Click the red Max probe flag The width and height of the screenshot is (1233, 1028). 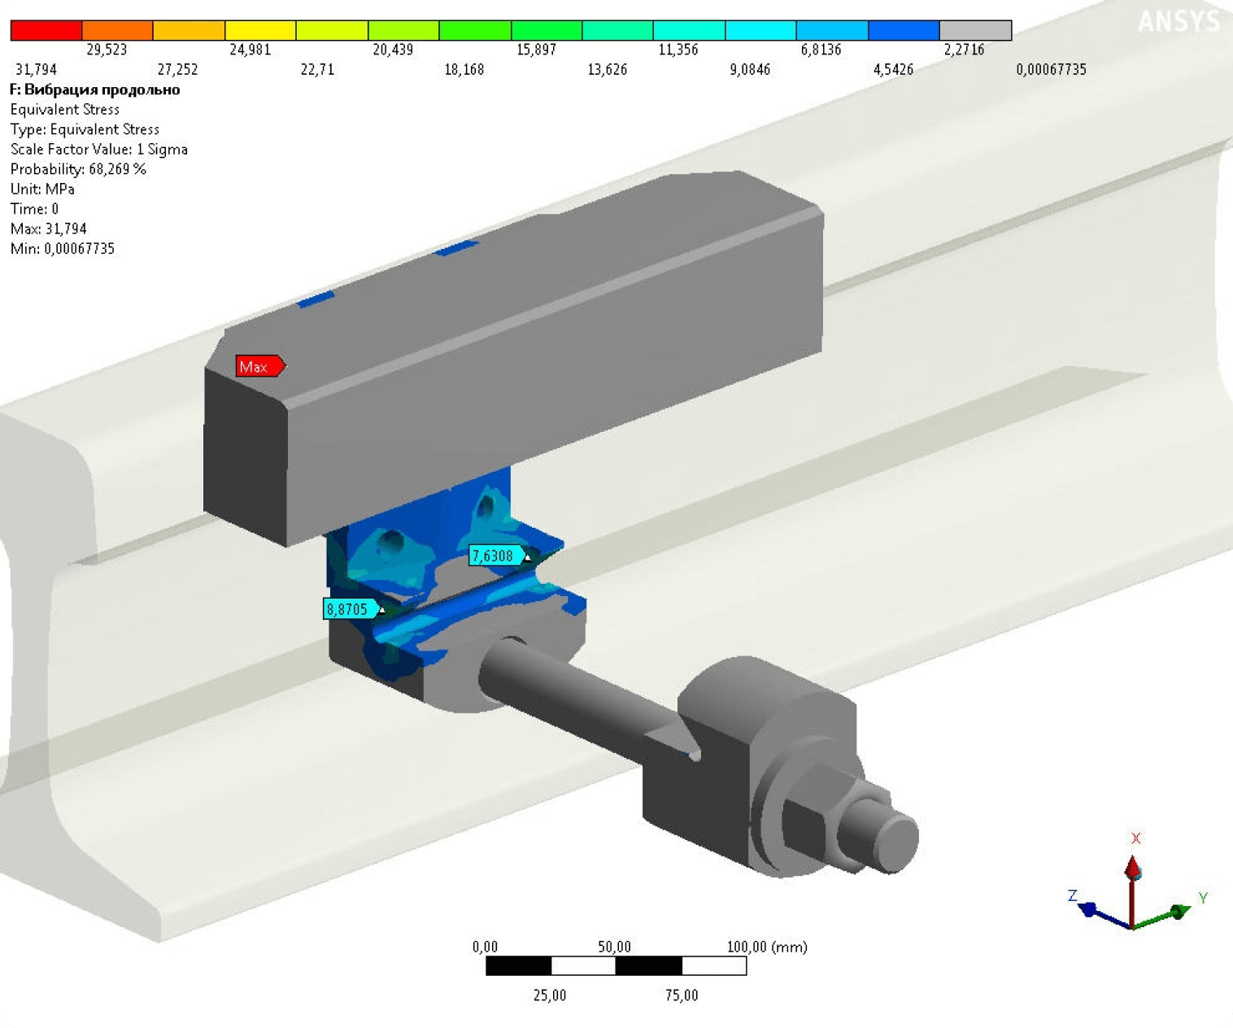(x=260, y=366)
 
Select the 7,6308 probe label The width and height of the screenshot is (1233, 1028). (x=495, y=555)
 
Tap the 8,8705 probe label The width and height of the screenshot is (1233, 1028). (x=351, y=609)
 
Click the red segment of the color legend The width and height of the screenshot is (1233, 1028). (x=46, y=30)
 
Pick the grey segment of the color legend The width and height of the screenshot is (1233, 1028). (x=975, y=30)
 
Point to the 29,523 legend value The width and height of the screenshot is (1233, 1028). (x=107, y=50)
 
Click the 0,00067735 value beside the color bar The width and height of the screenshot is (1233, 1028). (x=1051, y=70)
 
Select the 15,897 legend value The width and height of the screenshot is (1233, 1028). (x=536, y=50)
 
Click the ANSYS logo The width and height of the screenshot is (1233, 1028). (x=1179, y=21)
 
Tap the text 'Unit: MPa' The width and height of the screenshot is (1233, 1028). (x=42, y=189)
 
